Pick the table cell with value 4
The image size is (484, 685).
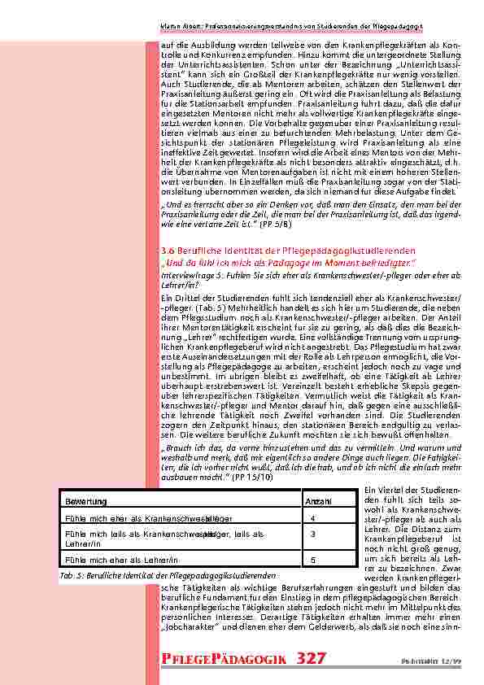313,517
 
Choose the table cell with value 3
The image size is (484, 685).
313,534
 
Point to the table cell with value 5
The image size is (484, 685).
313,561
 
